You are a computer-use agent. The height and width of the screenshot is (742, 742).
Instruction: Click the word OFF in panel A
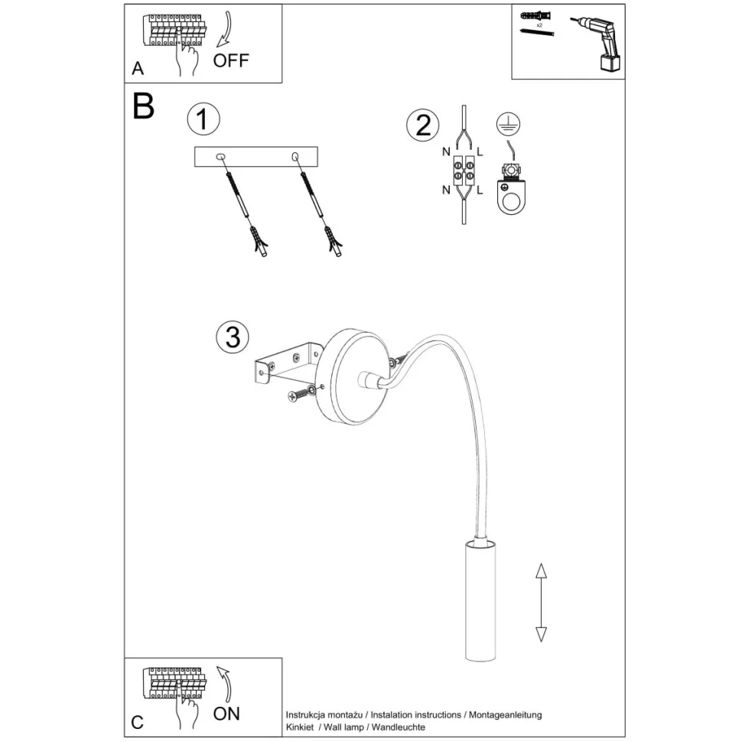click(x=231, y=60)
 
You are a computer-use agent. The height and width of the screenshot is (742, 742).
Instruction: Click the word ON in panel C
click(x=226, y=713)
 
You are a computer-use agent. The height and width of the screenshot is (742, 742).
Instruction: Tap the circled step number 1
click(x=203, y=120)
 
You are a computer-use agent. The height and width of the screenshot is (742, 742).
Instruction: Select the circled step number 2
click(x=423, y=124)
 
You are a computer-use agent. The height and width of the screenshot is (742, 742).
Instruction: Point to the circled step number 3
click(x=233, y=337)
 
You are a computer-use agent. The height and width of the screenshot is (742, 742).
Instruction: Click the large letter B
click(x=143, y=106)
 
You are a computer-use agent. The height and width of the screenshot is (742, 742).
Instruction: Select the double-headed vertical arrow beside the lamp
click(x=541, y=603)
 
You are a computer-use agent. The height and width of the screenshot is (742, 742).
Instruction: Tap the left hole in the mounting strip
click(x=222, y=157)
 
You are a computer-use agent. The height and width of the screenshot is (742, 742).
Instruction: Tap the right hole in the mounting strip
click(x=295, y=157)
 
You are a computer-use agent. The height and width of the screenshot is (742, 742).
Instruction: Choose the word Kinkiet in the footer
click(x=299, y=727)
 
